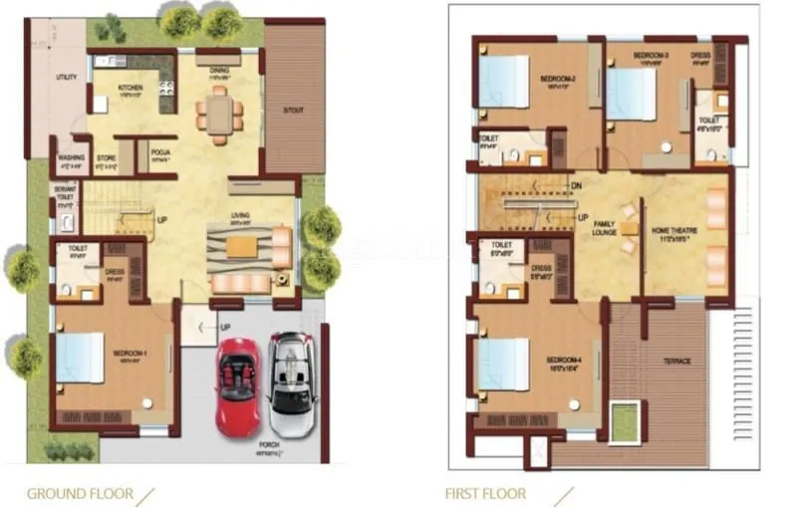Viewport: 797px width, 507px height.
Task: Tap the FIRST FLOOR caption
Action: pyautogui.click(x=485, y=493)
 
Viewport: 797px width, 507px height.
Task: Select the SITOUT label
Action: pyautogui.click(x=294, y=111)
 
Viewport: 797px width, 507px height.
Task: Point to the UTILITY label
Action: pyautogui.click(x=67, y=77)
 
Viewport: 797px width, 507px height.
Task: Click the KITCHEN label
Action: pyautogui.click(x=131, y=88)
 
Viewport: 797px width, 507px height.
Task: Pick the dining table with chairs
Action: pyautogui.click(x=219, y=113)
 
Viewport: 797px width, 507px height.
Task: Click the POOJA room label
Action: pyautogui.click(x=159, y=152)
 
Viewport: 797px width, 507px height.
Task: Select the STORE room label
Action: pyautogui.click(x=107, y=157)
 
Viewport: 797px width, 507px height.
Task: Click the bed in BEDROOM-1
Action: pyautogui.click(x=80, y=358)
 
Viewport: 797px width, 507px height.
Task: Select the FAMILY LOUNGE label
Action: pyautogui.click(x=605, y=229)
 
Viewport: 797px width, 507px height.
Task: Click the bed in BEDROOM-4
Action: pyautogui.click(x=503, y=365)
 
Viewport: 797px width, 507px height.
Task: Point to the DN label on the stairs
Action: pyautogui.click(x=576, y=185)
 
